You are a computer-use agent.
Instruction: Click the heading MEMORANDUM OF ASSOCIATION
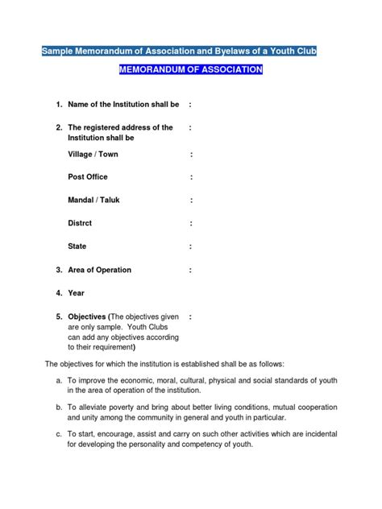tap(191, 70)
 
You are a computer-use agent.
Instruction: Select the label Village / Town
tap(93, 154)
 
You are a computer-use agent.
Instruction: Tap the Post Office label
tap(88, 176)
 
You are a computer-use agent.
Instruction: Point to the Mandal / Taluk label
tap(94, 200)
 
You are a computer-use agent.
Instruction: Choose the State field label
tap(77, 246)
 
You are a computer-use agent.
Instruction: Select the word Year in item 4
tap(76, 293)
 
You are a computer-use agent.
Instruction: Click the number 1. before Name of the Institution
tap(59, 105)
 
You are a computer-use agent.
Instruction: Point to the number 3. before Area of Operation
tap(59, 270)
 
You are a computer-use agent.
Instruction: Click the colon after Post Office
tap(192, 176)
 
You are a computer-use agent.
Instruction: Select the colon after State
tap(192, 246)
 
